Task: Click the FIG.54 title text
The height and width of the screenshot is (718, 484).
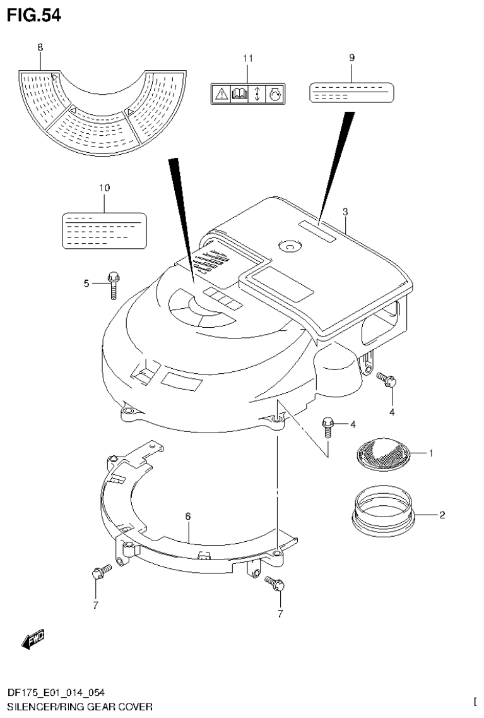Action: point(34,16)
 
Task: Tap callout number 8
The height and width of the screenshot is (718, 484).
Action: point(40,47)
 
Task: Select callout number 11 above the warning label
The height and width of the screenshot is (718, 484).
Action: point(247,58)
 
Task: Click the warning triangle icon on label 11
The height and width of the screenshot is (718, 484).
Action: point(220,95)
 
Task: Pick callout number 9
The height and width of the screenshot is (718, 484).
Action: point(351,57)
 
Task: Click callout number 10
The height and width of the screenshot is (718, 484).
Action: point(104,188)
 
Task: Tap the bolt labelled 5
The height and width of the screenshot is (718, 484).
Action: point(114,284)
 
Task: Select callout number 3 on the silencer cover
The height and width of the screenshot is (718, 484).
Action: point(345,212)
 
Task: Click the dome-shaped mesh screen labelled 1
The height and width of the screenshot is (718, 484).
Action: point(383,452)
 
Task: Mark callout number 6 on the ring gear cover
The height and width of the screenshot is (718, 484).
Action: point(188,517)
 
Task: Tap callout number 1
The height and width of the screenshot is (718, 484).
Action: point(431,453)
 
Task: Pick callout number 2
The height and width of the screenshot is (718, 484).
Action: point(442,515)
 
